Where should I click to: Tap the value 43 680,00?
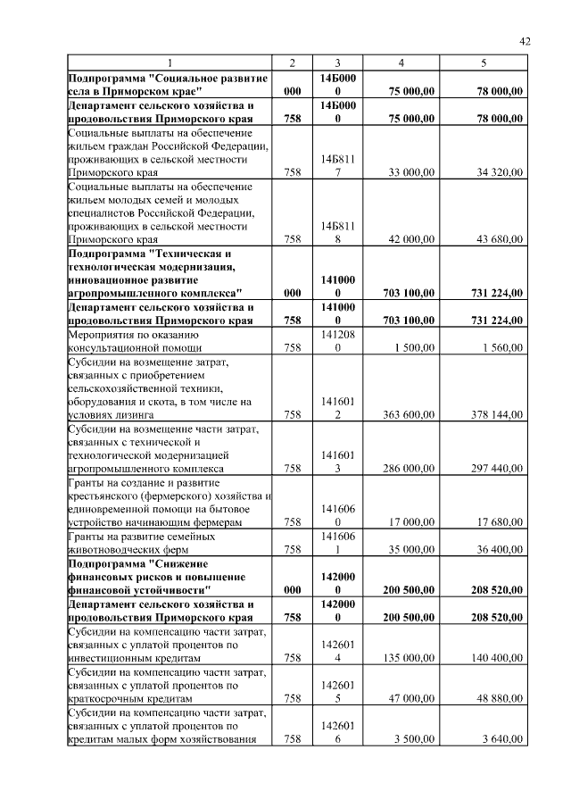point(499,238)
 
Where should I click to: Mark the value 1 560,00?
point(501,347)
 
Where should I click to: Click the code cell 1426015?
point(337,692)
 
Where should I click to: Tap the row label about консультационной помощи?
point(135,341)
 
